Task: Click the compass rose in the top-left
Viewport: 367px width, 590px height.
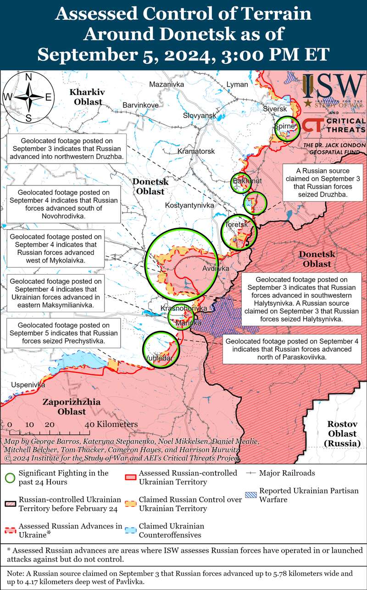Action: point(28,97)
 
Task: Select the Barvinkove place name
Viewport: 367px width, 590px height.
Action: point(140,105)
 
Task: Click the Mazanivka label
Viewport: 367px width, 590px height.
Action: point(167,84)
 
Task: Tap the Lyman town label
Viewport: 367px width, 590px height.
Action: point(237,84)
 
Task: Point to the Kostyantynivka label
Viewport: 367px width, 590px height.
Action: point(189,205)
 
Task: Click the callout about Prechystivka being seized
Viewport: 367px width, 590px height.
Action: point(62,333)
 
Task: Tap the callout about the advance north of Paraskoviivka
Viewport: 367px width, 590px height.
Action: point(292,349)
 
